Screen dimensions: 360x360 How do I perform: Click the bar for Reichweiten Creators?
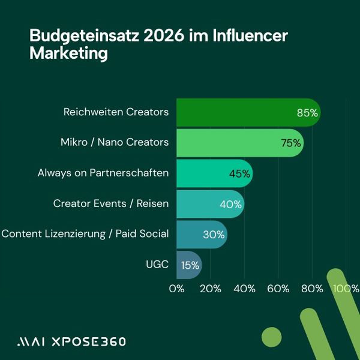point(240,112)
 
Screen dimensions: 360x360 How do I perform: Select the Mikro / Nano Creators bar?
point(234,143)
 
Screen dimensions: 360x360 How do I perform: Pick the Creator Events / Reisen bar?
point(204,204)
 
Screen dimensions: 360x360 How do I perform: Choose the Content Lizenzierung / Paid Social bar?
point(195,234)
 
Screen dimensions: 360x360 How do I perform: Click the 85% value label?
point(307,113)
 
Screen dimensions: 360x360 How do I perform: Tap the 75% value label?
point(290,143)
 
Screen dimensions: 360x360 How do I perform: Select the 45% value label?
point(239,174)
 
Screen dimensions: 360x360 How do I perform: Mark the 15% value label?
point(190,265)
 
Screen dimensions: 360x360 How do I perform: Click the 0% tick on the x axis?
point(176,289)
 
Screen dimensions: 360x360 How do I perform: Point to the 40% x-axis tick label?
point(244,289)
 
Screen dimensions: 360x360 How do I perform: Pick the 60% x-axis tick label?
point(278,289)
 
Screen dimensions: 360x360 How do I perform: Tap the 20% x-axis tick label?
point(210,289)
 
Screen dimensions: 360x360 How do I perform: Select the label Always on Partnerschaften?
point(103,173)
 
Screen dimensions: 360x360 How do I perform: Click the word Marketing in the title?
point(68,54)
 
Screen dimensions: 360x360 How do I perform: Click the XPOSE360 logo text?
point(88,341)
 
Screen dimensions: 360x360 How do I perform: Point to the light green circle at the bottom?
point(272,338)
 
